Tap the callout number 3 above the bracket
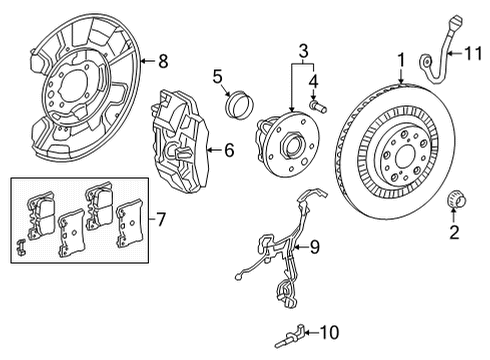click(302, 48)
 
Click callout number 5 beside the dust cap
click(215, 76)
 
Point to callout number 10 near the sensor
click(332, 331)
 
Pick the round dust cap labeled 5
click(238, 103)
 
